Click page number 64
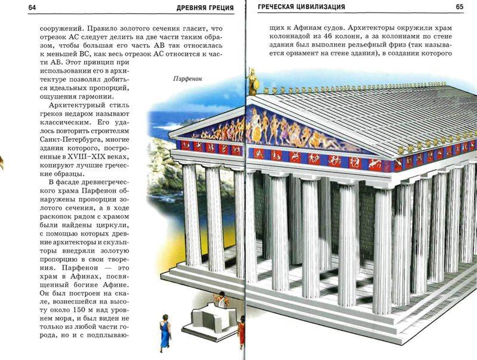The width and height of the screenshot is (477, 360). coord(32,7)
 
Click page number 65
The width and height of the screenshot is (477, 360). coord(460,7)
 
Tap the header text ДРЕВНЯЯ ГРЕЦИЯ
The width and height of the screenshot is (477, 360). coord(205,8)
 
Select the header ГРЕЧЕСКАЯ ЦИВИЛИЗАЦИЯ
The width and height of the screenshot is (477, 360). coord(301,7)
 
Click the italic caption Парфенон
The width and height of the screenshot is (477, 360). coord(188,79)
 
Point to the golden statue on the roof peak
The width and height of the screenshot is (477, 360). coord(252,82)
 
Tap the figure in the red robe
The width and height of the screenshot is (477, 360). coord(241,332)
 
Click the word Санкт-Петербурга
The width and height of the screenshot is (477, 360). coord(85,139)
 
